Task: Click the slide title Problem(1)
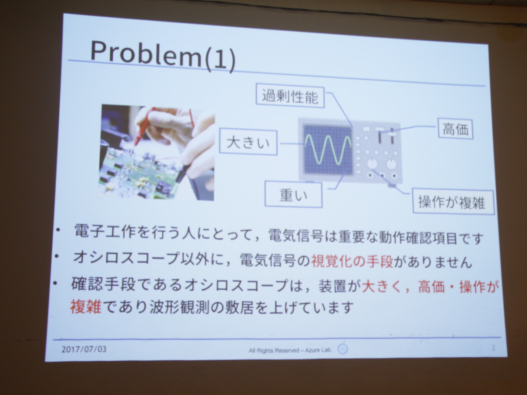[163, 56]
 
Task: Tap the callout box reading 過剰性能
[290, 97]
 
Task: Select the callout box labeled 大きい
[248, 143]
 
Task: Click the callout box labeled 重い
[293, 194]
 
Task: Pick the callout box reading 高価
[455, 129]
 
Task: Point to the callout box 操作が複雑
[453, 202]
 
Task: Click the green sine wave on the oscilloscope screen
[328, 149]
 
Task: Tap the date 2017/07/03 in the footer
[84, 349]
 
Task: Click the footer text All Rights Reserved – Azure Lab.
[290, 350]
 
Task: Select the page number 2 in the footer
[493, 348]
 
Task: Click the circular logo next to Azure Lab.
[343, 349]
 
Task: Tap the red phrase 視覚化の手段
[352, 261]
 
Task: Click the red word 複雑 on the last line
[86, 306]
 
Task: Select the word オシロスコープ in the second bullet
[126, 257]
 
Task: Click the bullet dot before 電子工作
[58, 230]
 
